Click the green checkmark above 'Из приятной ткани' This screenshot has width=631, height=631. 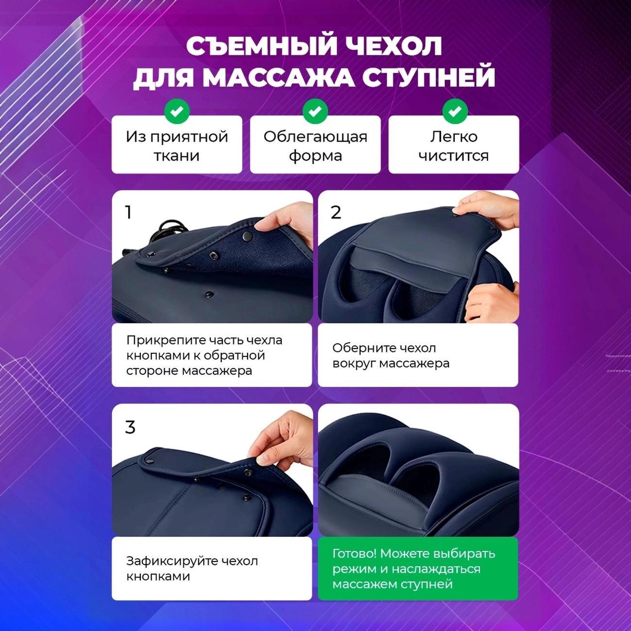pos(177,112)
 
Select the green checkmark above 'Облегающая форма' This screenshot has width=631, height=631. pos(315,112)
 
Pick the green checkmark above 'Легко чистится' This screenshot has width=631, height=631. pos(454,112)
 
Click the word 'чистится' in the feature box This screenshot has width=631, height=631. pos(453,156)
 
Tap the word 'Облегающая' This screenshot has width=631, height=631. pos(315,137)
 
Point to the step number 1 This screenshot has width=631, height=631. pos(128,212)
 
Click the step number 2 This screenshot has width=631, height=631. pos(336,212)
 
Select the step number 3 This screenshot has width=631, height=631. pos(130,427)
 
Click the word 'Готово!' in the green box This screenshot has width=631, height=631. pos(354,553)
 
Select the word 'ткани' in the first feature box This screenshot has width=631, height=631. pos(177,156)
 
